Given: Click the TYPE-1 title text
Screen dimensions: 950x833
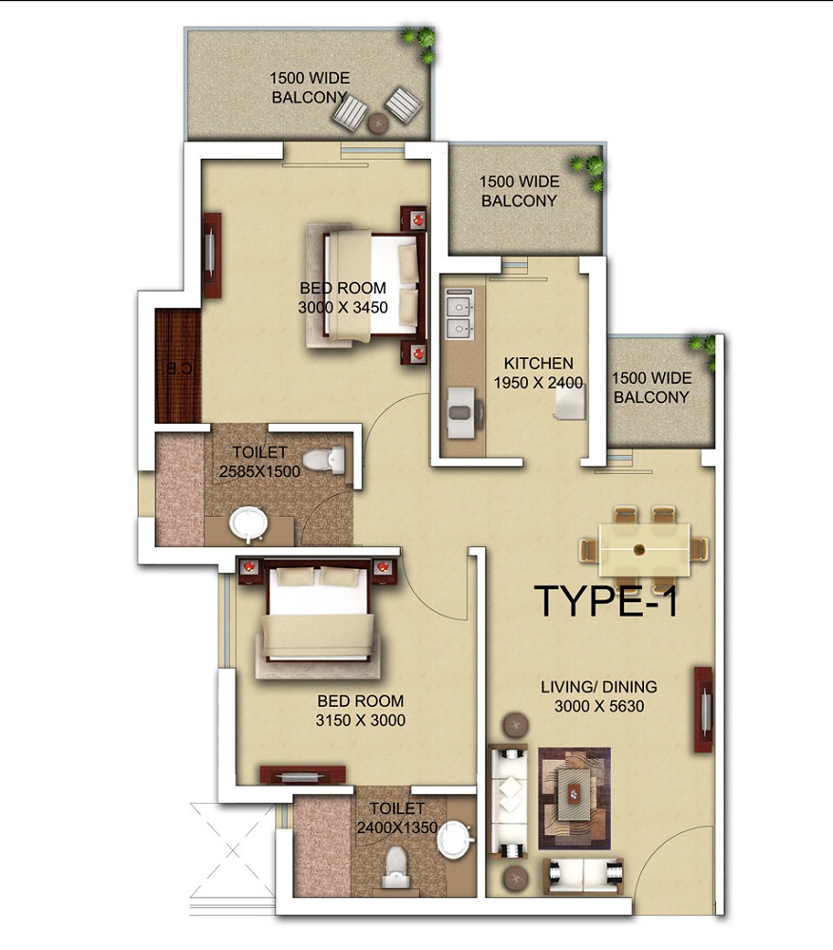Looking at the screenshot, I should [606, 602].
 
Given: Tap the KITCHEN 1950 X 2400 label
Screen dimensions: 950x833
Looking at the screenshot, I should [539, 372].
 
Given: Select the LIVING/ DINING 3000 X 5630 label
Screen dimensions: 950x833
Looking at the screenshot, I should [598, 695].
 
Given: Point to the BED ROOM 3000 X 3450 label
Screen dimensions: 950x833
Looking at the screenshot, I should [343, 297].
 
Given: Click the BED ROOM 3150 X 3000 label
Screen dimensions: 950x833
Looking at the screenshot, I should [361, 711].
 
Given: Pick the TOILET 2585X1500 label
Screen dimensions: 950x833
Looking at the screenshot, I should [259, 463].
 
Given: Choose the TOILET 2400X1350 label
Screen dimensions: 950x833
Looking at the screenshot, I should [396, 818].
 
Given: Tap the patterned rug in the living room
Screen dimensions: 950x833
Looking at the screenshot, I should [574, 797].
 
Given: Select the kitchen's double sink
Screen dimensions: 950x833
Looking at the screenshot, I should [461, 317].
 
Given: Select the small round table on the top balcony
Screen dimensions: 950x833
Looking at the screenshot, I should [378, 121].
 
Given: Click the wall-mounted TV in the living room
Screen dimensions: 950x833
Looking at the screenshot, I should [703, 710].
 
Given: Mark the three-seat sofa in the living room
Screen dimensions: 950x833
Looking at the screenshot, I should [510, 798].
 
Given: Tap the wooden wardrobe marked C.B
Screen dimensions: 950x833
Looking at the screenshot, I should [179, 366].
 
